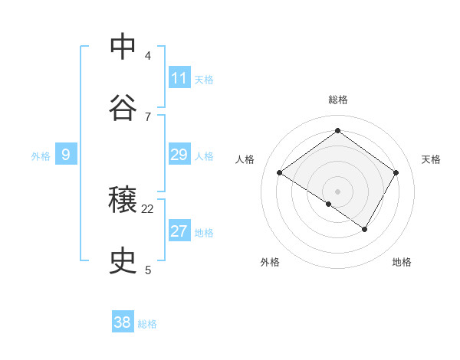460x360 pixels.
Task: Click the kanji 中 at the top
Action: click(123, 47)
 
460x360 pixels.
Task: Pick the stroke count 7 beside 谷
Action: click(148, 116)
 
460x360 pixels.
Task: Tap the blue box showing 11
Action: click(179, 78)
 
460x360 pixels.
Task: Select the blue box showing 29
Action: click(179, 155)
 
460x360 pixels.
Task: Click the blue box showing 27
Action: click(179, 231)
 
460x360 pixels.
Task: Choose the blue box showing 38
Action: click(123, 322)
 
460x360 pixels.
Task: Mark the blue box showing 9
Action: click(66, 155)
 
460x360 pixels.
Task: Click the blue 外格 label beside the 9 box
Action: click(41, 156)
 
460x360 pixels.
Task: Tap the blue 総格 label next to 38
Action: click(147, 324)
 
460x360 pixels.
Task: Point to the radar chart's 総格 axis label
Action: click(337, 100)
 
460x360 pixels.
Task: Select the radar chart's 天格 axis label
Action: click(432, 159)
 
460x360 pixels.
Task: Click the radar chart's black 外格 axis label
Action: click(270, 262)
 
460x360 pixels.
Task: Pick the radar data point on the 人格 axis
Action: click(280, 173)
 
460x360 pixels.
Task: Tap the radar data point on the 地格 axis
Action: click(365, 229)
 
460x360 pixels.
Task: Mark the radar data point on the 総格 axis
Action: click(337, 130)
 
